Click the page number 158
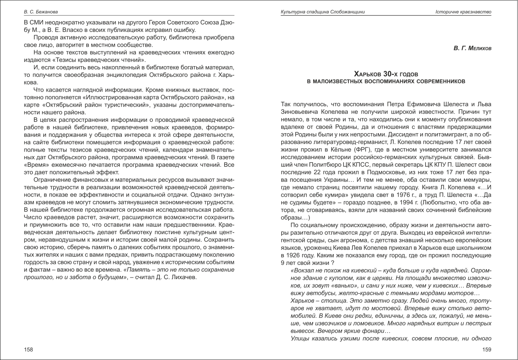click(x=28, y=349)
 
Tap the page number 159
click(x=487, y=349)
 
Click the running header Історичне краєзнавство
click(x=463, y=12)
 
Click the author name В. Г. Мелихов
click(x=472, y=48)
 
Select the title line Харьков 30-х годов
click(x=386, y=74)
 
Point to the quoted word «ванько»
click(x=328, y=286)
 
